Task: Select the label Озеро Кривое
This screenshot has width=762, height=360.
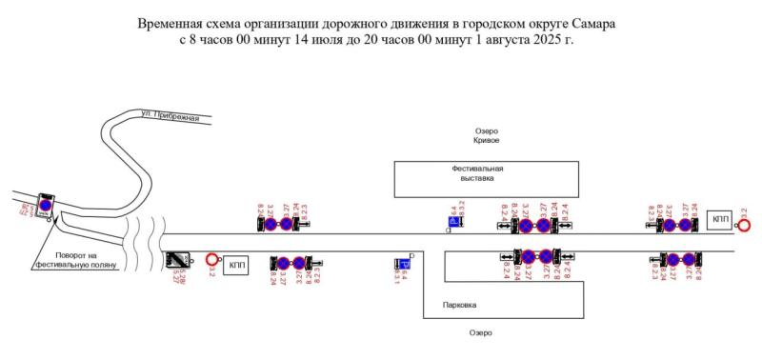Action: click(x=487, y=135)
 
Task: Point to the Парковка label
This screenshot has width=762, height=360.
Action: click(x=460, y=305)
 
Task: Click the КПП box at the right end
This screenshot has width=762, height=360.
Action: click(x=720, y=220)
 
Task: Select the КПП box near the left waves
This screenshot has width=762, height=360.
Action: click(x=235, y=264)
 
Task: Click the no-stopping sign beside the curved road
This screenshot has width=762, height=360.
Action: click(x=44, y=205)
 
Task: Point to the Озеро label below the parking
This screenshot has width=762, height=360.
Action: click(x=480, y=332)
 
